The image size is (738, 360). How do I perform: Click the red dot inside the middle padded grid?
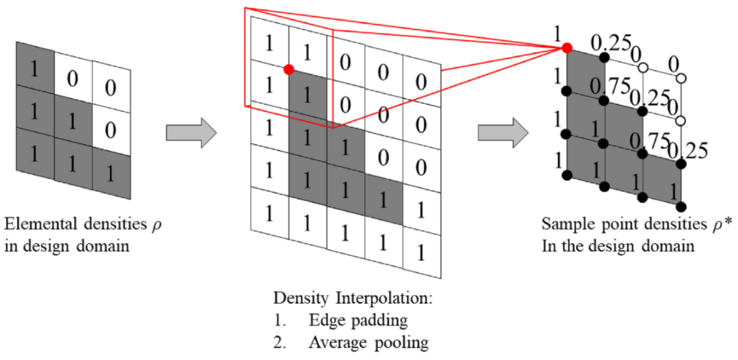pyautogui.click(x=288, y=69)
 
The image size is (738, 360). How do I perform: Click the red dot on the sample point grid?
pyautogui.click(x=566, y=47)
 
